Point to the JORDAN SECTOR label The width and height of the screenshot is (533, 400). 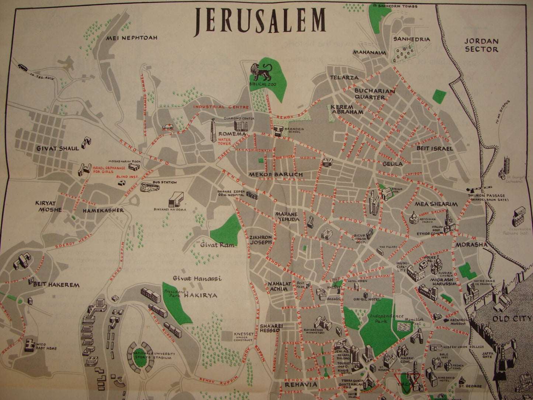[481, 45]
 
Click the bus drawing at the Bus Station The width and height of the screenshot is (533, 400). [151, 187]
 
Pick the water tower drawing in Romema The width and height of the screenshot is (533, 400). [213, 130]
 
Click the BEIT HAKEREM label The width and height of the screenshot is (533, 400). [56, 285]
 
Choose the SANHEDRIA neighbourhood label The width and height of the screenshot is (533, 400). [411, 39]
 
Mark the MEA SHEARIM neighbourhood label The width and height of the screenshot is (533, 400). [436, 204]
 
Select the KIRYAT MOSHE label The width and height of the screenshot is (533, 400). [48, 206]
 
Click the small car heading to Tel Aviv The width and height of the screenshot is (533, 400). [23, 67]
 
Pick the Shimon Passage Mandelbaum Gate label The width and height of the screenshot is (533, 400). [488, 198]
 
